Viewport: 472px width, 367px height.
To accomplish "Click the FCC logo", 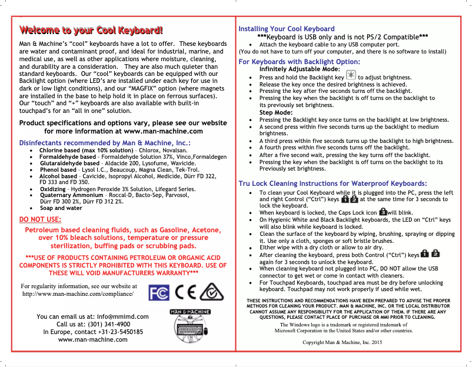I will (159, 292).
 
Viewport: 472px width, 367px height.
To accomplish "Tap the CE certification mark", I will (186, 292).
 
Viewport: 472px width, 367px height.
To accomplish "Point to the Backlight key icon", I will (351, 76).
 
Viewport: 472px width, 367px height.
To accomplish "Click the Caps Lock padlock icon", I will (383, 211).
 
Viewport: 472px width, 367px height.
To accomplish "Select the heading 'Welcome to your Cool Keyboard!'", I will (91, 31).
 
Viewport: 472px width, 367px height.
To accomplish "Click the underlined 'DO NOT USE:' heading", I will (40, 219).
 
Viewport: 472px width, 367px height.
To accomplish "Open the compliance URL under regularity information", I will (77, 293).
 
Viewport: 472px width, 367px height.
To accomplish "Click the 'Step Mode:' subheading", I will (276, 112).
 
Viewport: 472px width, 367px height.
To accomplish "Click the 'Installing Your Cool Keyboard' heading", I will (286, 29).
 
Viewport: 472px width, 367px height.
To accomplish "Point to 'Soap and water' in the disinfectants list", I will (61, 208).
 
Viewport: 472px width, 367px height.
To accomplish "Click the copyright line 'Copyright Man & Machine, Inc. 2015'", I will (342, 342).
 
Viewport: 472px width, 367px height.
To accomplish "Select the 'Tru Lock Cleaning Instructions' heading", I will (333, 183).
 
